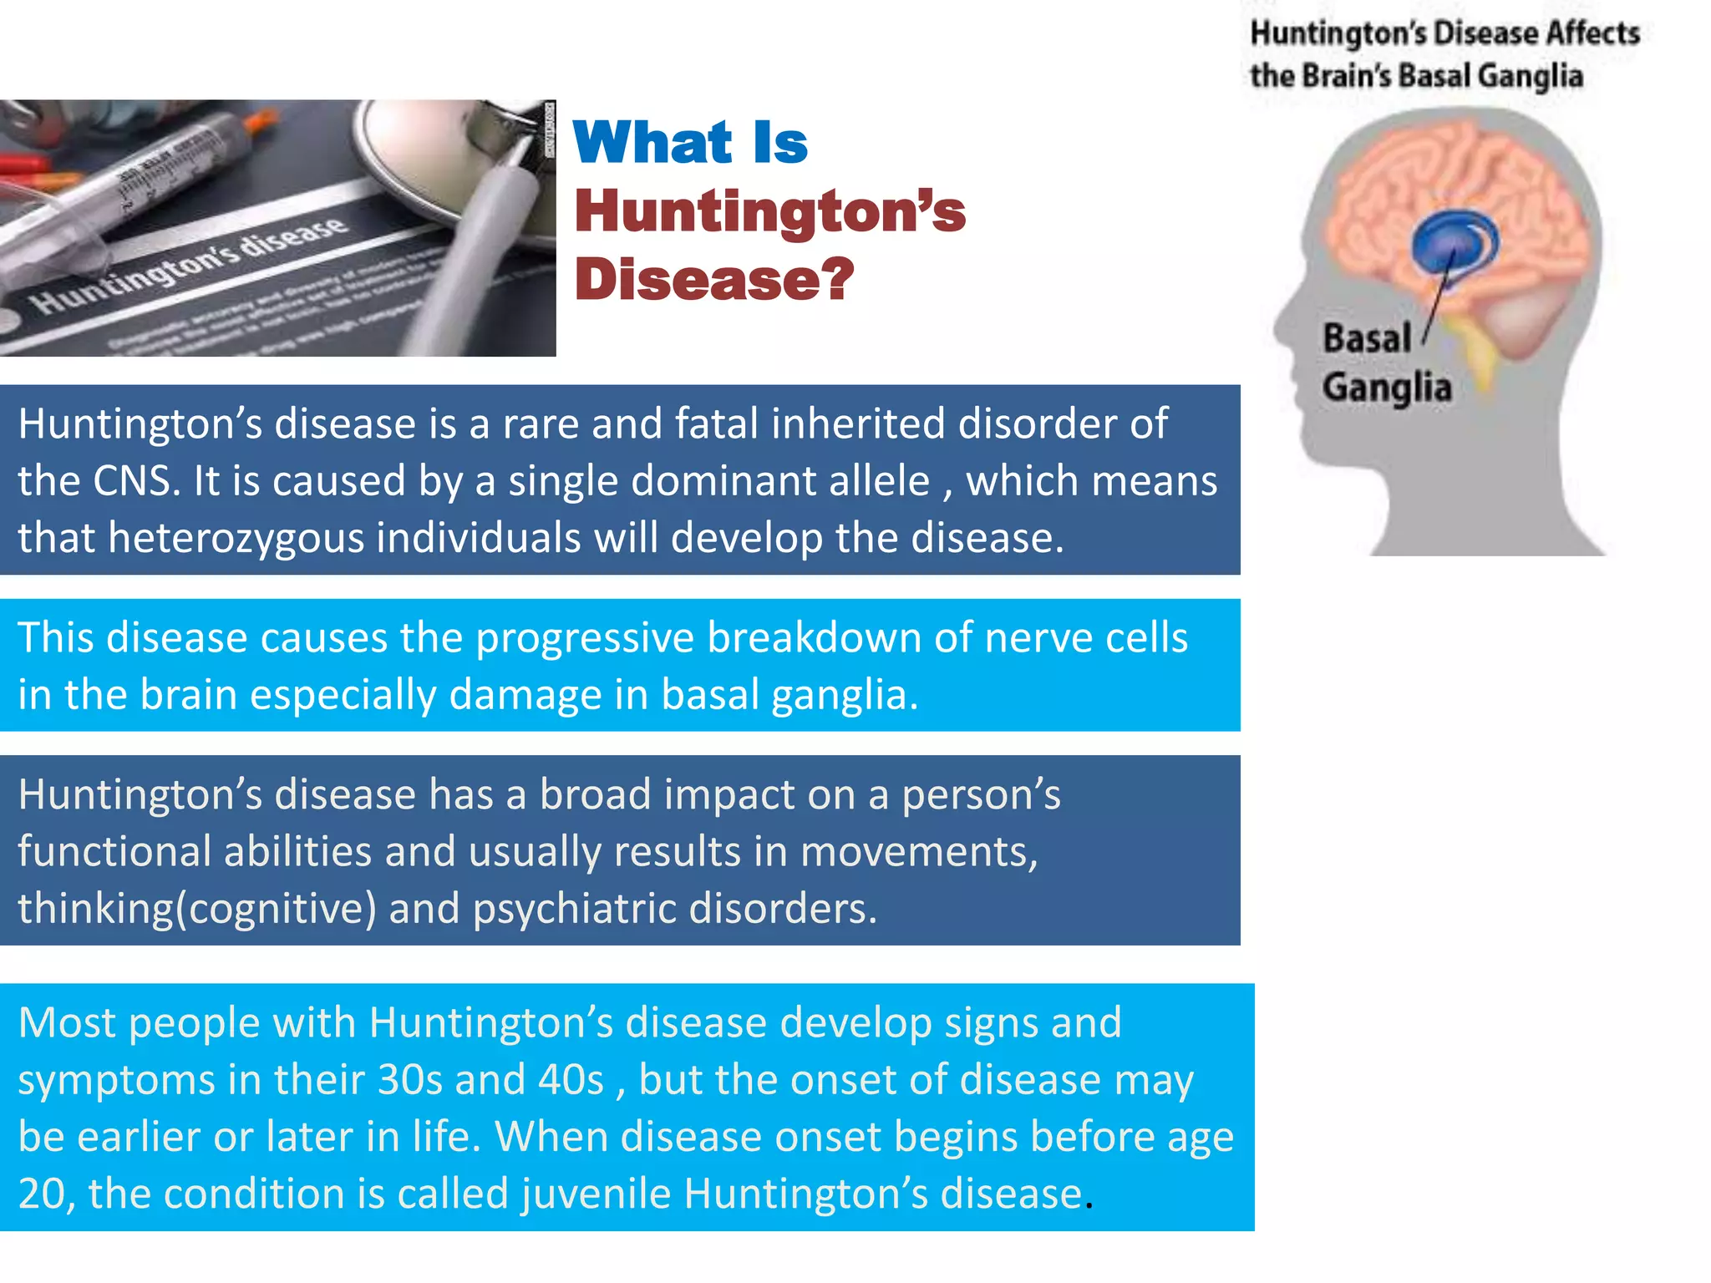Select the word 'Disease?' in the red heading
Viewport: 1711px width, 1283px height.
click(714, 279)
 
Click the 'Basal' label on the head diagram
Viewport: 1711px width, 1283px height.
click(1367, 338)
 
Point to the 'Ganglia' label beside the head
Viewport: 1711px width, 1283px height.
click(1387, 388)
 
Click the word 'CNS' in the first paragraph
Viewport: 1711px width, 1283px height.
click(136, 481)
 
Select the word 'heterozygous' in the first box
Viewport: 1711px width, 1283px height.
click(236, 538)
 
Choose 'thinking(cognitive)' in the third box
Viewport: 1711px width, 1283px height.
click(197, 909)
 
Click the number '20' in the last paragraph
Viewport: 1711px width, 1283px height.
click(41, 1194)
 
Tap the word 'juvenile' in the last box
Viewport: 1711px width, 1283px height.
click(596, 1194)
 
